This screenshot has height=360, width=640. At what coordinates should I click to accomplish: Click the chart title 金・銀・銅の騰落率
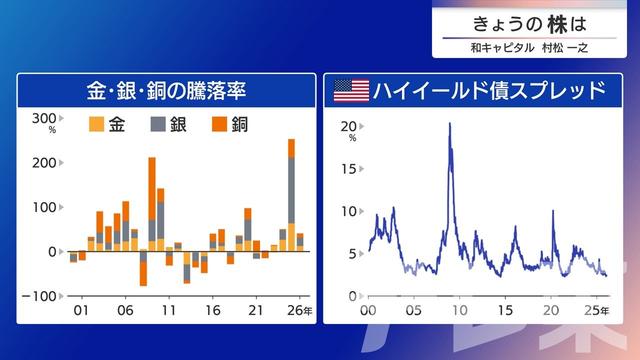tap(166, 91)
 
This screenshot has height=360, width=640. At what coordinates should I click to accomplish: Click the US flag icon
tap(350, 91)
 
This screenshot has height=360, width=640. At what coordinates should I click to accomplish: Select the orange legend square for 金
tap(97, 125)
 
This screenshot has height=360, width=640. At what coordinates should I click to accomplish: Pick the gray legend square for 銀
tap(158, 125)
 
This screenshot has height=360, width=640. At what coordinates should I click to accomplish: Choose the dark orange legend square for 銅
tap(219, 125)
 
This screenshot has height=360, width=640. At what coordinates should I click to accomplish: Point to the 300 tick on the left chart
tap(44, 119)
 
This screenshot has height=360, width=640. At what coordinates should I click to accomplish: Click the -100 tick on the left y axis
tap(41, 296)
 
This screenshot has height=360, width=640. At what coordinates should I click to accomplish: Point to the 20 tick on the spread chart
tap(349, 126)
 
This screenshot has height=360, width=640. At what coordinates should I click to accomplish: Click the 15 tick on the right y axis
tap(349, 169)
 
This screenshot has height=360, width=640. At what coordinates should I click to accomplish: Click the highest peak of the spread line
tap(450, 124)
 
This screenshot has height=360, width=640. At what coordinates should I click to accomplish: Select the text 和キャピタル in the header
tap(500, 47)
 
